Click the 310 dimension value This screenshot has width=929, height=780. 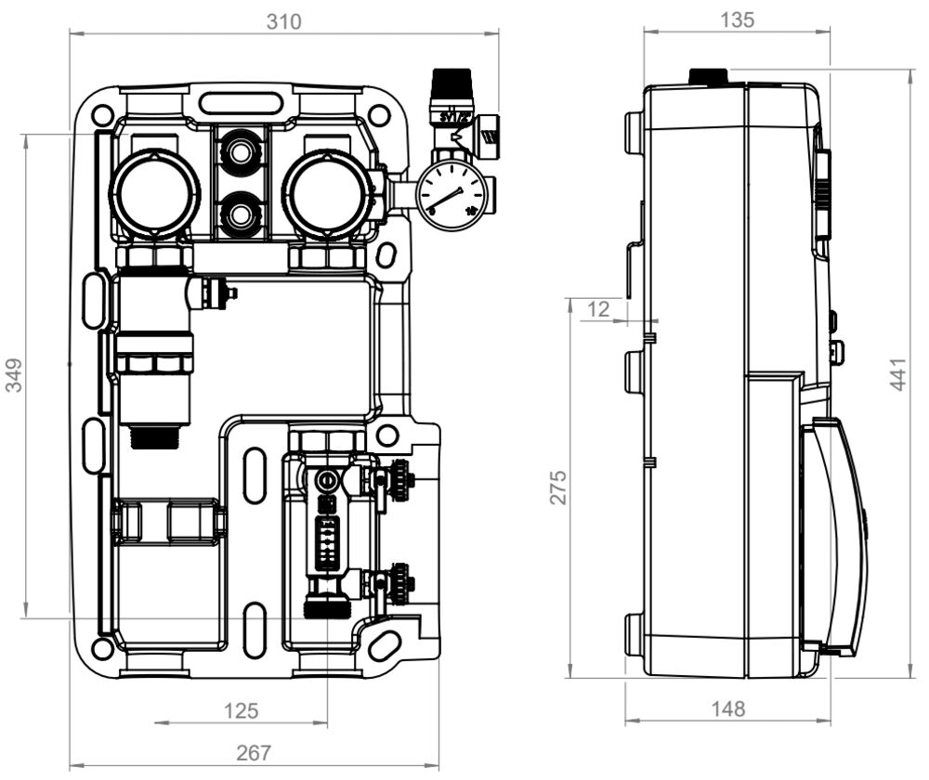pos(283,21)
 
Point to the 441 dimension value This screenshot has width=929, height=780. pos(899,372)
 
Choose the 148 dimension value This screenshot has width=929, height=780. pos(727,709)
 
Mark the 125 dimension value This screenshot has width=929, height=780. pos(241,711)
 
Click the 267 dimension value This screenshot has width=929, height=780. pos(253,752)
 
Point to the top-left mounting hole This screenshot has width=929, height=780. pos(103,115)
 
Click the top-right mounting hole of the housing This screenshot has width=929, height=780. pos(377,115)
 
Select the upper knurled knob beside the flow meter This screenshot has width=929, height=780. pos(399,479)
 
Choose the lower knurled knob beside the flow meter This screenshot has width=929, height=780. pos(399,584)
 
